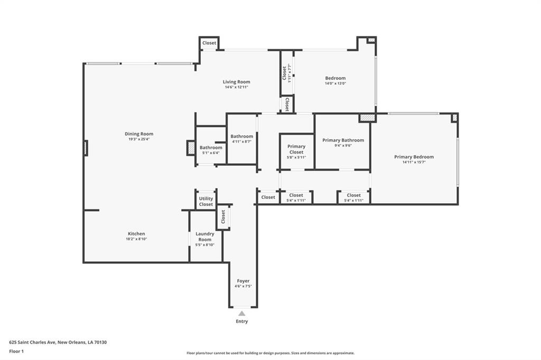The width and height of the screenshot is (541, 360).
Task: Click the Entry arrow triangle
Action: tap(242, 314)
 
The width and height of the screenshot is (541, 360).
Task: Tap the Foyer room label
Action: tap(243, 281)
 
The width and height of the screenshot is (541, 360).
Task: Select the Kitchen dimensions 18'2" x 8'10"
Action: tap(137, 239)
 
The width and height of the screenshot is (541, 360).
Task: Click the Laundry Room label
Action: tap(205, 236)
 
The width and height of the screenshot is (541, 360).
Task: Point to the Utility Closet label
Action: tap(206, 202)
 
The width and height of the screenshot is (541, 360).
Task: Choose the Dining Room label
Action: tap(139, 134)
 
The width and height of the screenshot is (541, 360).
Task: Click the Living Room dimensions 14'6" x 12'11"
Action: tap(237, 87)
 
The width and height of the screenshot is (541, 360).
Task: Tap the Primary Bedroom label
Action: tap(414, 157)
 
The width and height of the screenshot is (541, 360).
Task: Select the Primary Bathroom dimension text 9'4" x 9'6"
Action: tap(343, 146)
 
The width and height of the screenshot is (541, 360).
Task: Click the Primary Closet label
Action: tap(296, 149)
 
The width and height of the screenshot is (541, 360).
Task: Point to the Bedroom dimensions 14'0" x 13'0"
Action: tap(335, 83)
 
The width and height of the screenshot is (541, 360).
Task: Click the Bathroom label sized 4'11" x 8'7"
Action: tap(242, 136)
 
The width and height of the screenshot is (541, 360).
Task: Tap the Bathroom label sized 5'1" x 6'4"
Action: tap(211, 148)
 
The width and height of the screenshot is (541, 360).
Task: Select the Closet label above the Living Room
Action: tap(209, 43)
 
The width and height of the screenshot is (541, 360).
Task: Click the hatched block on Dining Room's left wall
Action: tap(86, 148)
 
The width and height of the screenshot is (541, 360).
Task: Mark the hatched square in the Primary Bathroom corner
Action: tap(367, 118)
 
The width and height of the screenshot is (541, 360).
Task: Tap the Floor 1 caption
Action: tap(16, 352)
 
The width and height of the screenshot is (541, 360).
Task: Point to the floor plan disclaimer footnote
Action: tap(270, 353)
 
